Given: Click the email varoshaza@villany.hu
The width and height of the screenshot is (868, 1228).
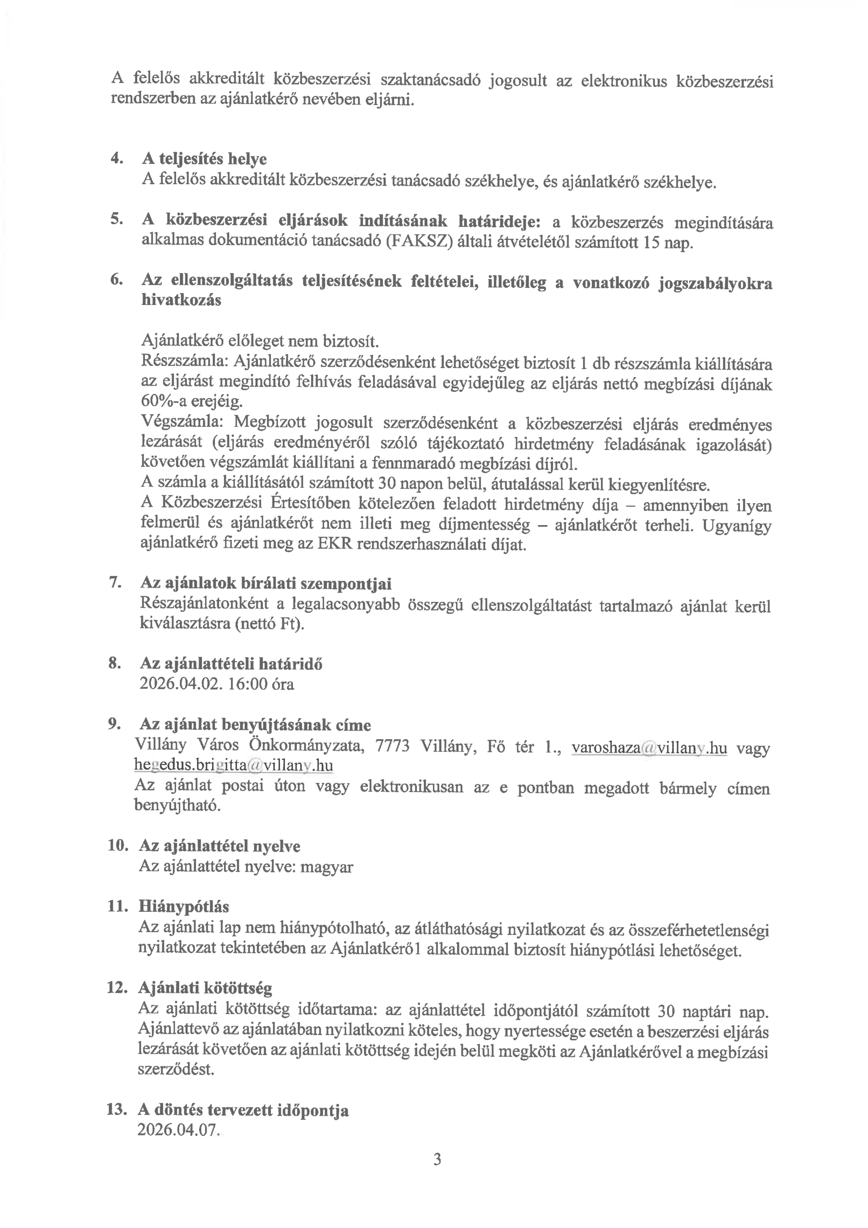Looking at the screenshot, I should point(649,748).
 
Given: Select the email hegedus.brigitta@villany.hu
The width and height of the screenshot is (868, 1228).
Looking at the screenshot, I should point(233,766).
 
